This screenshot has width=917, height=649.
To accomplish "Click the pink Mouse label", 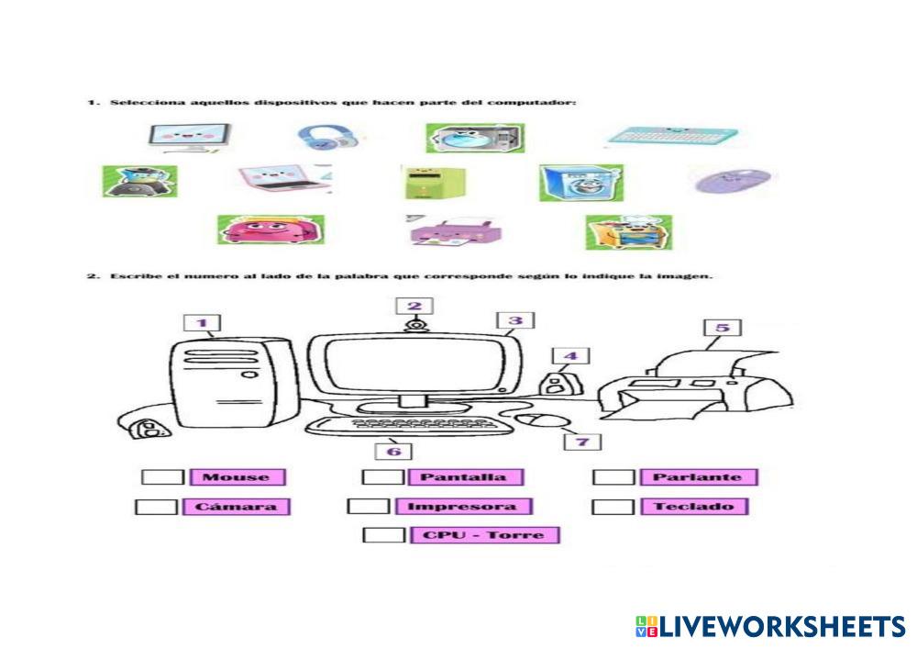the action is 238,477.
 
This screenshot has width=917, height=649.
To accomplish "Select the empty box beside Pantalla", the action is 382,477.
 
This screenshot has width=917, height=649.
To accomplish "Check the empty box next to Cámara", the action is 156,507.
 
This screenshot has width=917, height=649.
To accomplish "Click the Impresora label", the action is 462,507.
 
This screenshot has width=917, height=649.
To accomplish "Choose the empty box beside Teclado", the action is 613,507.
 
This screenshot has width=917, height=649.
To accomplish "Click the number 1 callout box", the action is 203,323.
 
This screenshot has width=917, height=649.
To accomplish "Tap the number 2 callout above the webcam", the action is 414,307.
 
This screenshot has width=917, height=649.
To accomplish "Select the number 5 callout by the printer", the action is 723,328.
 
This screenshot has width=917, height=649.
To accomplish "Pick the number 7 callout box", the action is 582,442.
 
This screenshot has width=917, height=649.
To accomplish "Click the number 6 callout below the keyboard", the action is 393,451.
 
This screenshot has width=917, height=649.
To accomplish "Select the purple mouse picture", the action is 731,180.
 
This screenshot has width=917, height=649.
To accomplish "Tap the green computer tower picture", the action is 423,182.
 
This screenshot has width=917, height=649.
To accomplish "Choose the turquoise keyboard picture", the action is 672,137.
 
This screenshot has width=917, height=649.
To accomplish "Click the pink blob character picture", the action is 270,229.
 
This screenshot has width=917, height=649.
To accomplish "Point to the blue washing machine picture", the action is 580,183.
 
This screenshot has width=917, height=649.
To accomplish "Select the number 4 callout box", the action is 570,356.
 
